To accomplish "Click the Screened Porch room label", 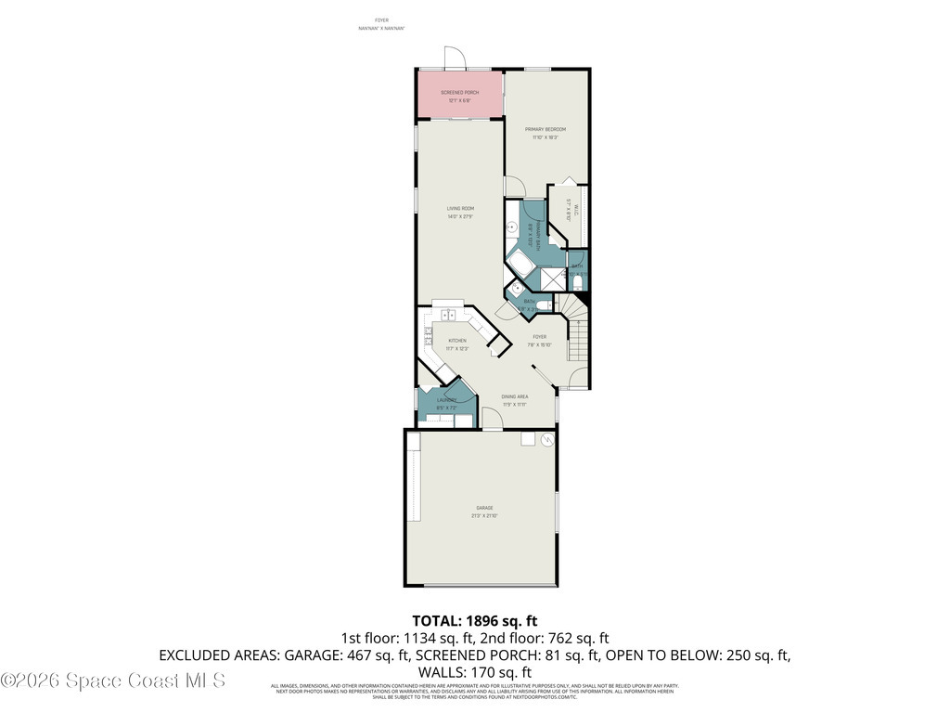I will coord(460,93).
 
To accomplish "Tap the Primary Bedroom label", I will coord(546,129).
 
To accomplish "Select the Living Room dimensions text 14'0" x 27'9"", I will coord(460,217).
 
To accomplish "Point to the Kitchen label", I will coord(456,341).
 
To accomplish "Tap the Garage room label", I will coord(484,508).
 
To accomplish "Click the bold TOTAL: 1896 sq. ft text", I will coord(474,620).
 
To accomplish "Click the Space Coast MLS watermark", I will coord(112,681).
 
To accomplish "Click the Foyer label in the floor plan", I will coord(539,337).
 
